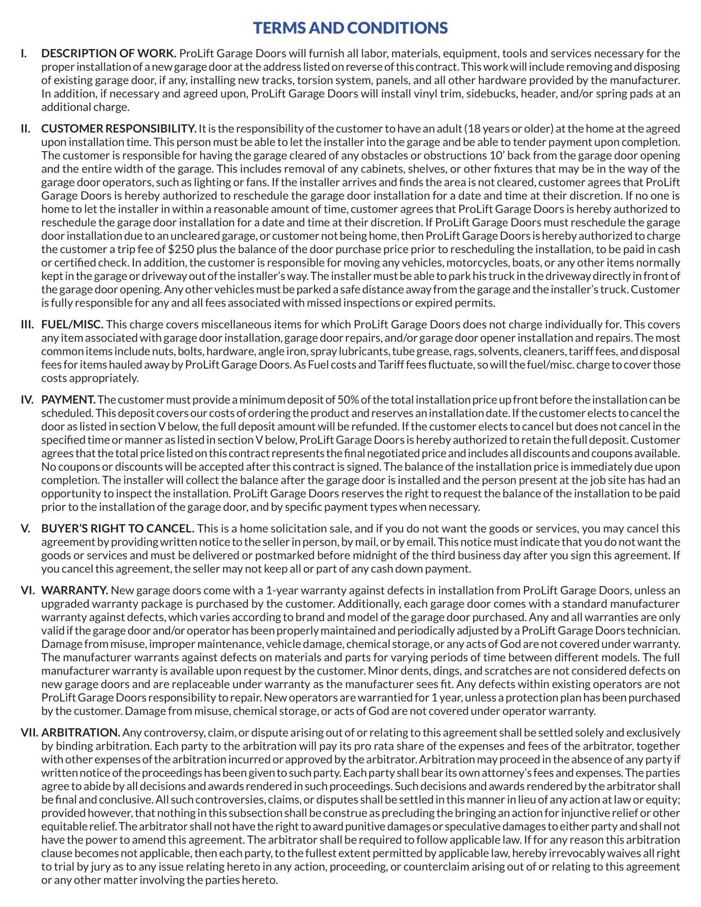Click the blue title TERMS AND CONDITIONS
(350, 28)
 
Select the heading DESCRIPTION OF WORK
(109, 53)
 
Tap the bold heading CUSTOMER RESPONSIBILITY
(119, 128)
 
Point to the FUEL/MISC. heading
(72, 325)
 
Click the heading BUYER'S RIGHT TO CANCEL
(118, 529)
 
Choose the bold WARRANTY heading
(75, 590)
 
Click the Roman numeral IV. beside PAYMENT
(27, 400)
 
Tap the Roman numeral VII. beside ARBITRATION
(29, 733)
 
